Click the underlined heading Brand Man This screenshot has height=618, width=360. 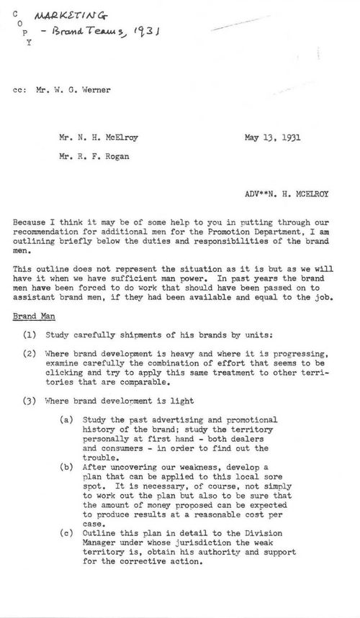coord(32,315)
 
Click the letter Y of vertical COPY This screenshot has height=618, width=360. coord(29,42)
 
